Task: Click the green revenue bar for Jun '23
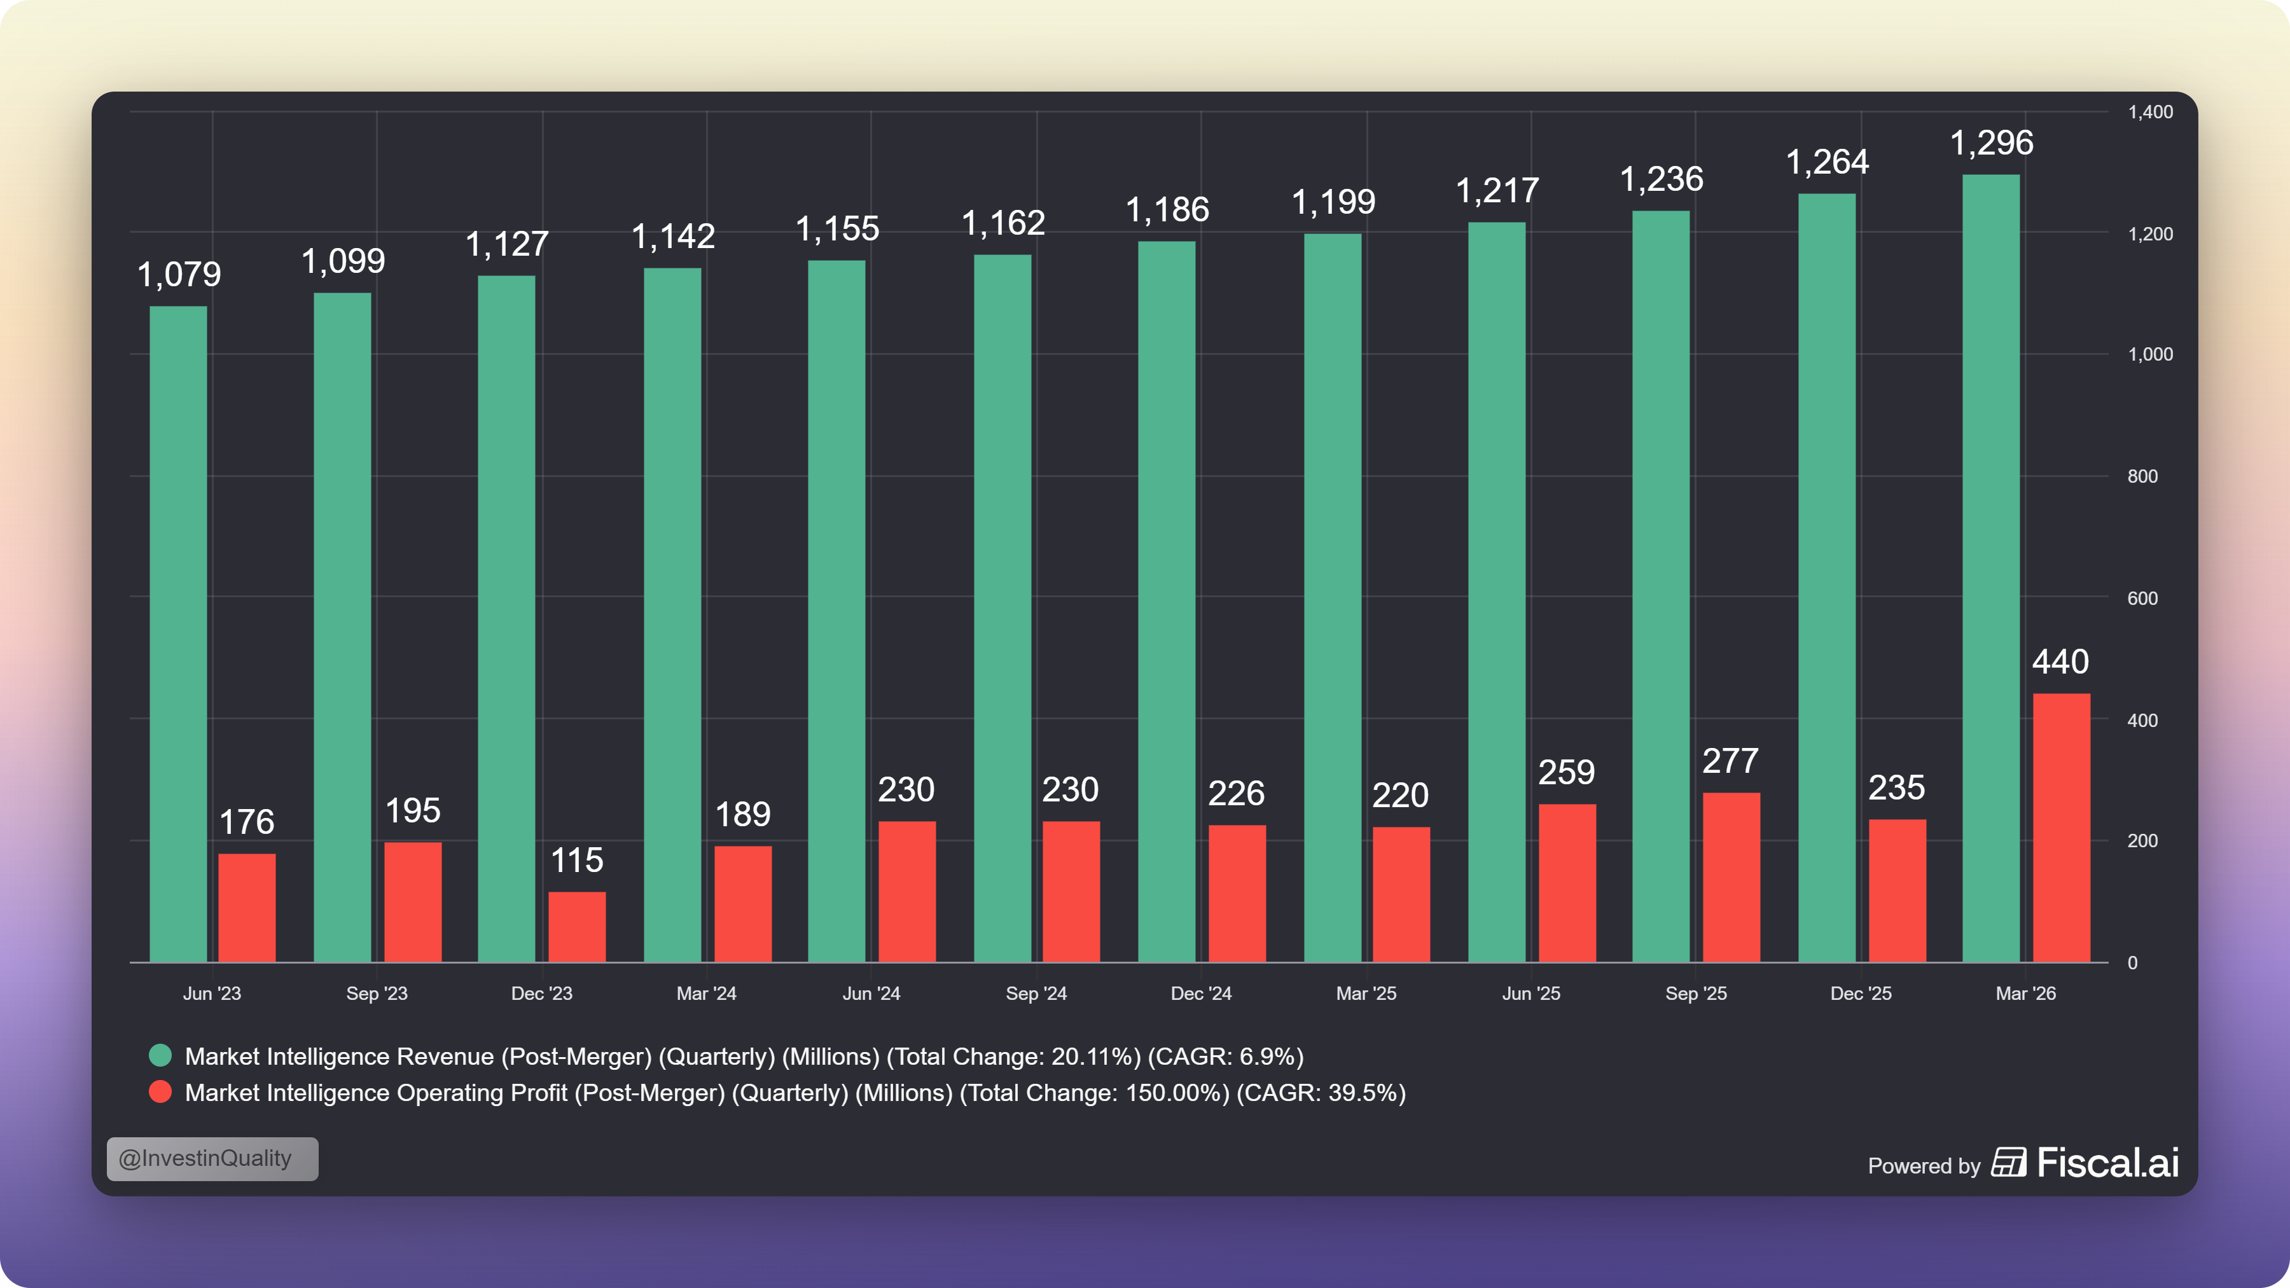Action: pos(178,634)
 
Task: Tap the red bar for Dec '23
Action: pos(577,926)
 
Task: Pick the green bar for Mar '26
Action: pos(1990,568)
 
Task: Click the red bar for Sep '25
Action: pos(1731,877)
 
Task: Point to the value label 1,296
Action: pos(1991,142)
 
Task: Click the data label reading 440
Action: pos(2060,661)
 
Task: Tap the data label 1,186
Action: pos(1167,210)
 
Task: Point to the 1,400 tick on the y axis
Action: pos(2149,112)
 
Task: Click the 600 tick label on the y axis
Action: pos(2142,599)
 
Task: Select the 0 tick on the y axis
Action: pos(2132,963)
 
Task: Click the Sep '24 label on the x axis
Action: pos(1036,994)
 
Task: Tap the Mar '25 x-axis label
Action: pos(1366,994)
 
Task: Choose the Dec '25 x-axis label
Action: pos(1861,994)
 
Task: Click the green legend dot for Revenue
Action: pos(160,1055)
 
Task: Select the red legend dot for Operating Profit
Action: pos(160,1091)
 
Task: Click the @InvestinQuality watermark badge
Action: pos(212,1158)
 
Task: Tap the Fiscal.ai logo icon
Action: pos(2009,1162)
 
